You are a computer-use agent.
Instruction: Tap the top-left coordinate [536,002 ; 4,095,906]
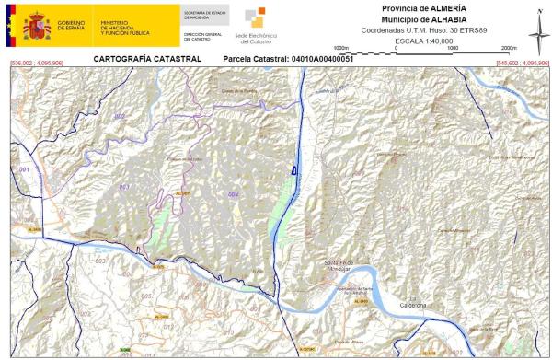(36, 63)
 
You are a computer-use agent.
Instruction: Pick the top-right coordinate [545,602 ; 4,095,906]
(522, 63)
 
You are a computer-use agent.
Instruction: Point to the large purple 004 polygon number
(233, 195)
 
